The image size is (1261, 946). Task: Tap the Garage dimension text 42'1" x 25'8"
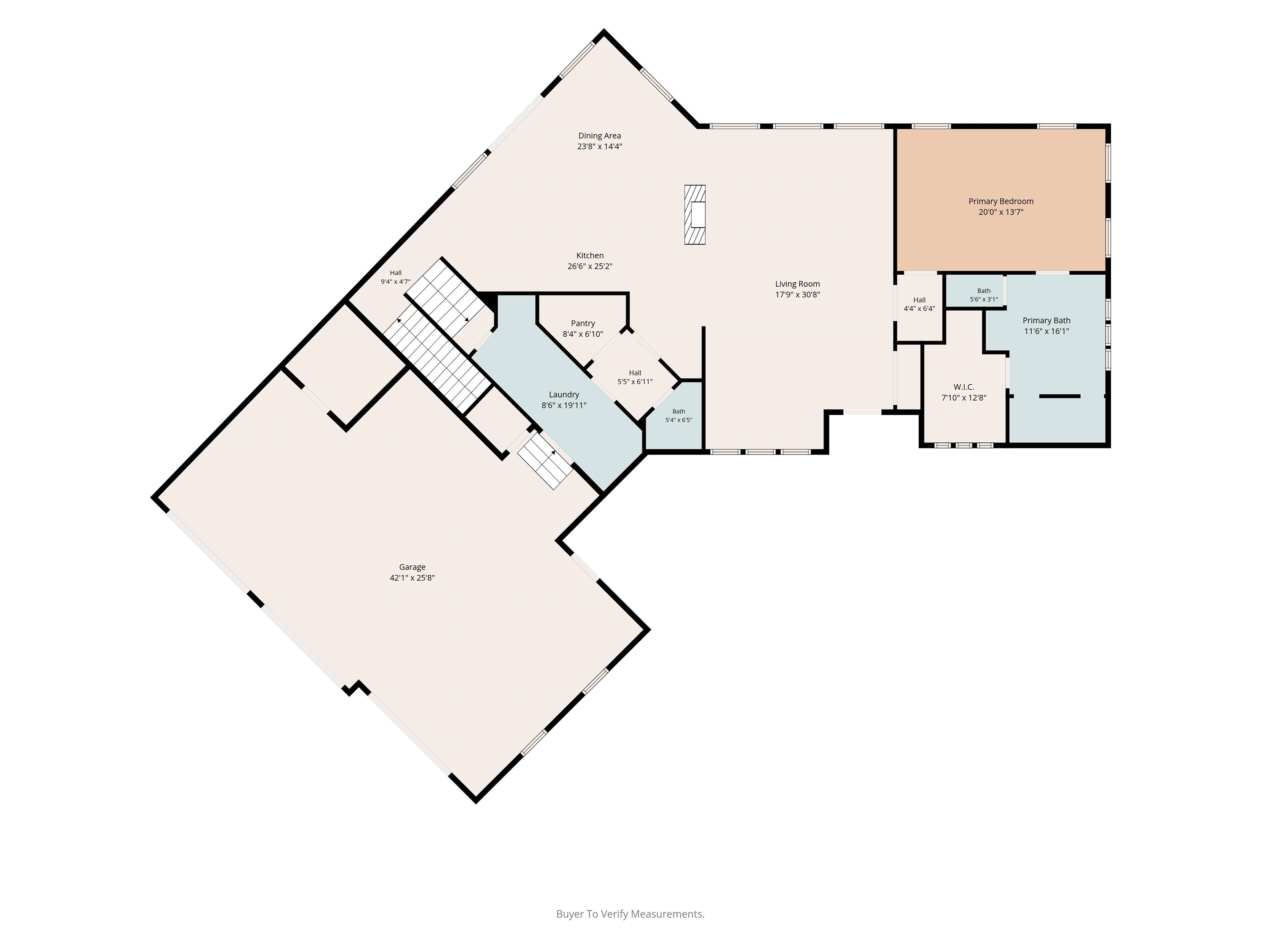click(412, 578)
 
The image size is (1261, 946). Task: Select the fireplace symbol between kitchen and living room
click(695, 215)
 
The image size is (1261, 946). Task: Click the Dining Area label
click(599, 136)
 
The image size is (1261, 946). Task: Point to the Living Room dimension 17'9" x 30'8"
click(798, 295)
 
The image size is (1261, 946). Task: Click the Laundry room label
click(564, 395)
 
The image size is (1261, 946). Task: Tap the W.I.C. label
click(963, 387)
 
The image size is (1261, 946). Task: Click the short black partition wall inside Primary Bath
click(1060, 396)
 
